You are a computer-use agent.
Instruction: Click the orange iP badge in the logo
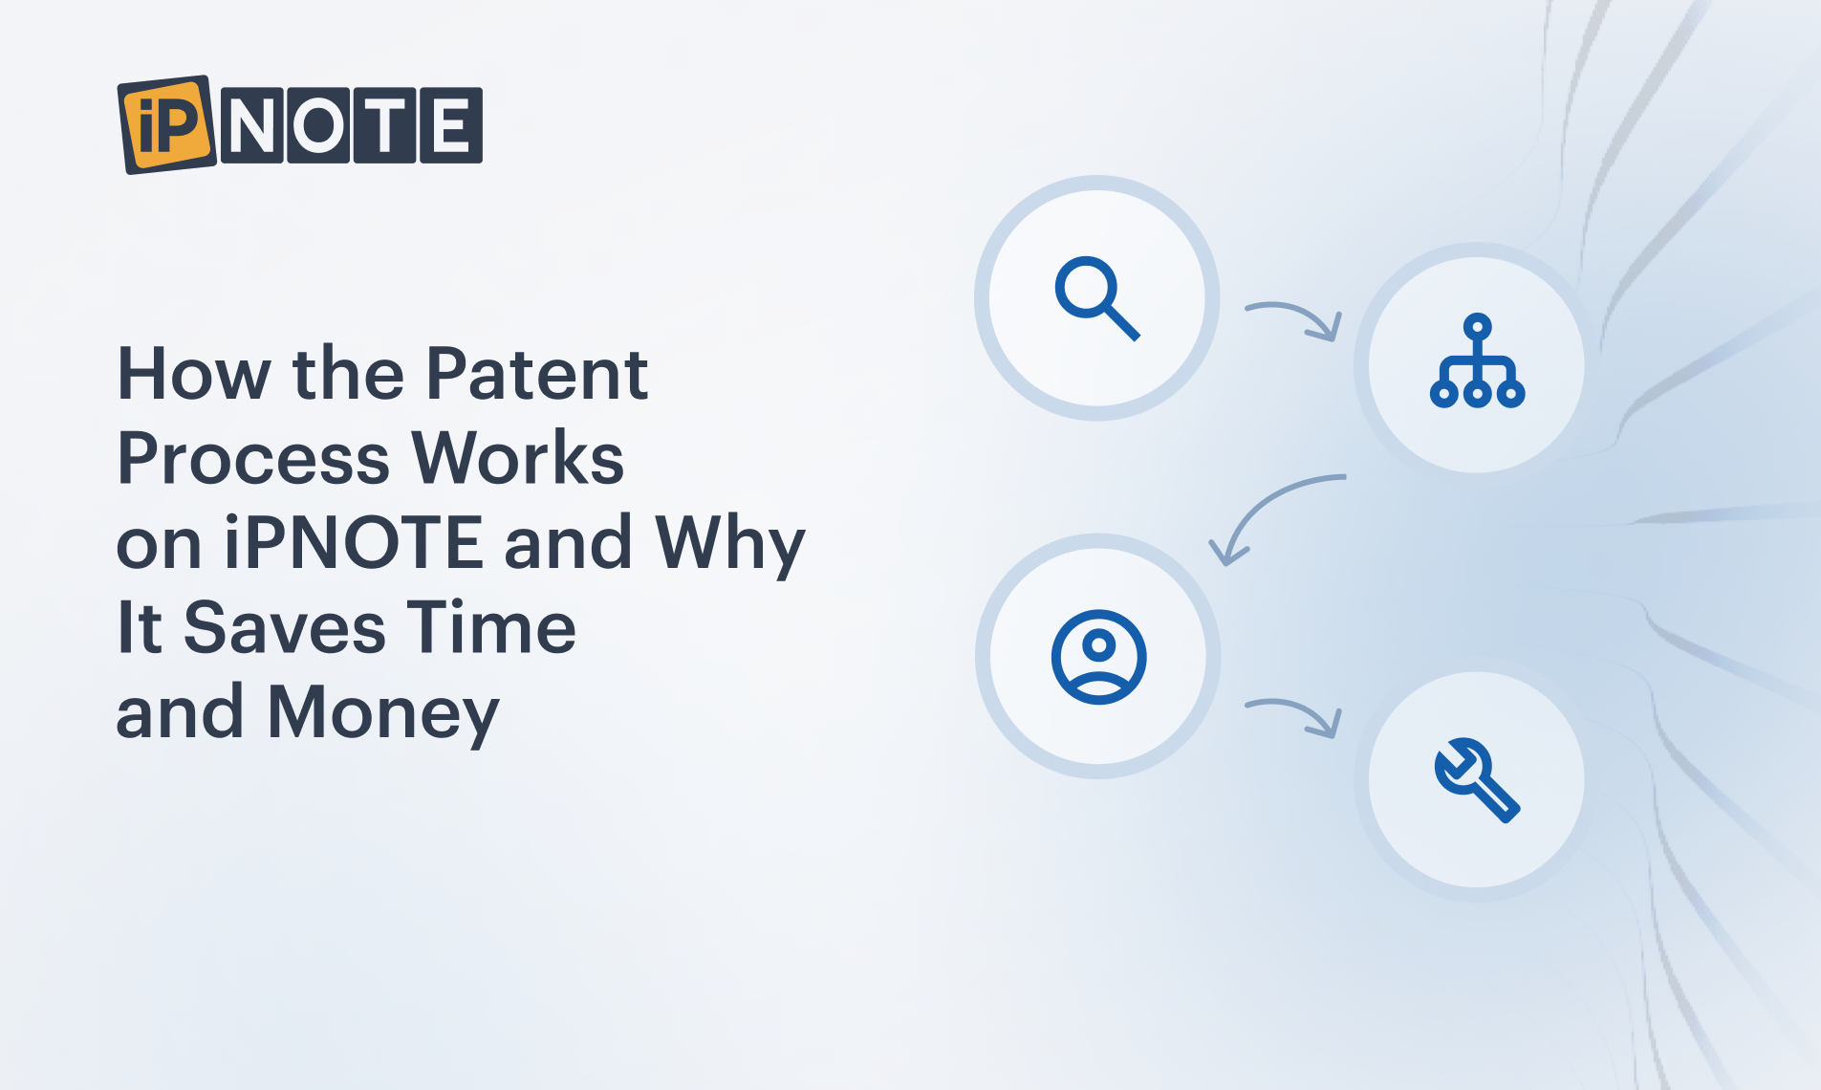coord(167,124)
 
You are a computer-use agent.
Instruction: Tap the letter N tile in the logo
coord(252,125)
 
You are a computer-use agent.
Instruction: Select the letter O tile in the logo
coord(317,125)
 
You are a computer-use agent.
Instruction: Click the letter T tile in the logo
coord(384,125)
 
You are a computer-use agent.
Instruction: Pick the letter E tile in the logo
coord(451,125)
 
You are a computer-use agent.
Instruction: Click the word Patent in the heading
coord(537,373)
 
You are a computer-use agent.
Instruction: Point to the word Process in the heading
coord(253,458)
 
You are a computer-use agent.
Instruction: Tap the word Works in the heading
coord(518,458)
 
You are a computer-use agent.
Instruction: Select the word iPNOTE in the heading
coord(353,541)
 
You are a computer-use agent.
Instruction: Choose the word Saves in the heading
coord(285,627)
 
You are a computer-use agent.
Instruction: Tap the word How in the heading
coord(194,373)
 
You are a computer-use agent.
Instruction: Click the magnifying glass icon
coord(1097,298)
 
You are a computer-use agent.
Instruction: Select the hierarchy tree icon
coord(1477,360)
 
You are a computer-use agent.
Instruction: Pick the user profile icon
coord(1098,657)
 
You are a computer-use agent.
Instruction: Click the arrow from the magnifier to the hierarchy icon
coord(1300,312)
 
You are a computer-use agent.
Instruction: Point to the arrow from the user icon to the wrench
coord(1300,709)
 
